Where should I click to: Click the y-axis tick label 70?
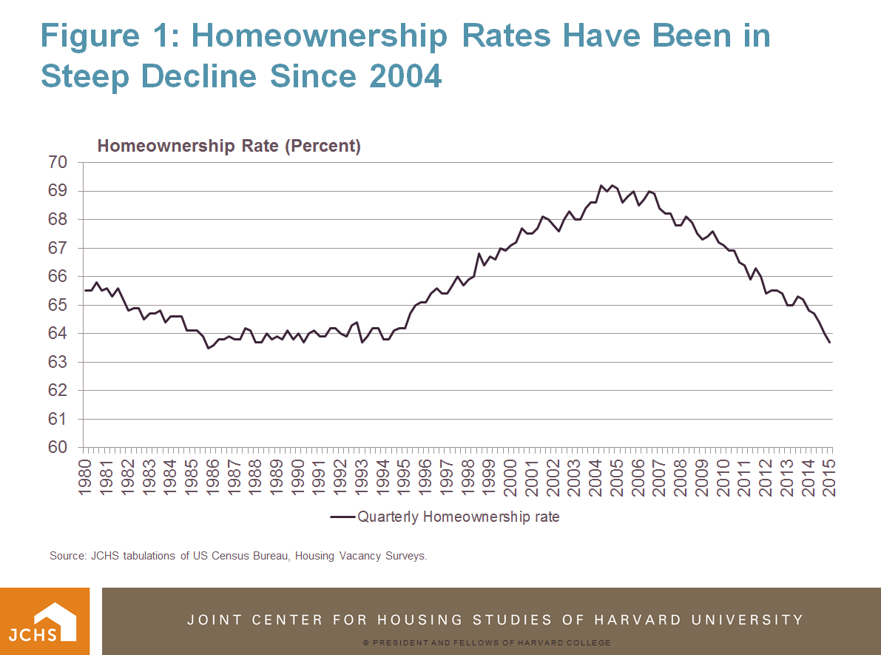tap(58, 162)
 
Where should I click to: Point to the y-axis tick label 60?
tap(58, 448)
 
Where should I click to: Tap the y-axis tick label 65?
tap(58, 305)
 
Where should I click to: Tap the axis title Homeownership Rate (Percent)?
tap(229, 146)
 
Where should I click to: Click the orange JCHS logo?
tap(44, 621)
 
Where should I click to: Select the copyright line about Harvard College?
tap(487, 642)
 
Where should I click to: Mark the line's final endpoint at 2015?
tap(831, 343)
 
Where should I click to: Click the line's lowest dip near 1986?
tap(208, 348)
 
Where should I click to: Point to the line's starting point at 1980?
tap(84, 290)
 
